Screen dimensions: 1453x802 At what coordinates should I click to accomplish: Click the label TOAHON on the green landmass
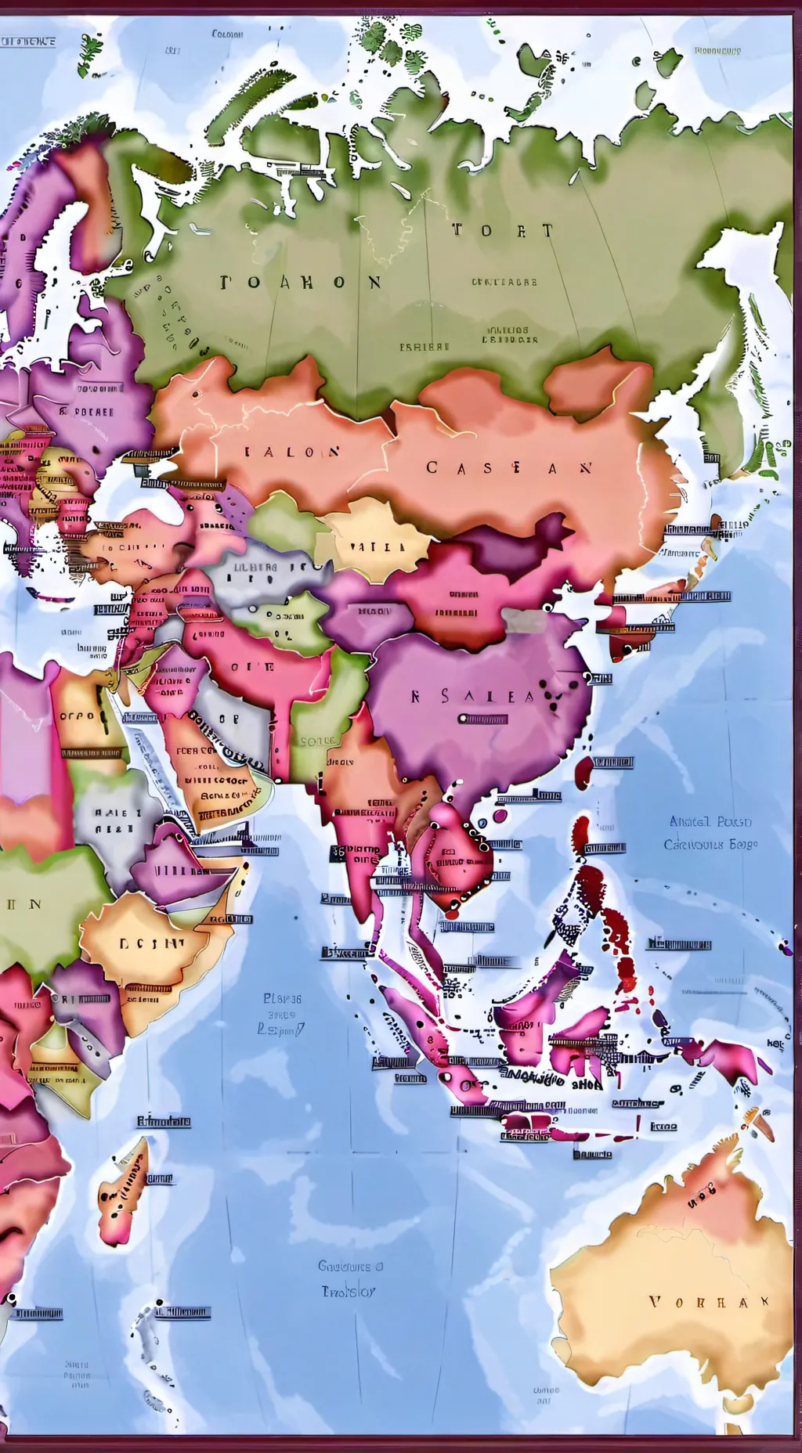coord(301,282)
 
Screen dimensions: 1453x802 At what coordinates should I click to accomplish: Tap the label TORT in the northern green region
coord(502,230)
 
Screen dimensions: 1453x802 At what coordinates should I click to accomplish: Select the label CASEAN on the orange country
coord(509,467)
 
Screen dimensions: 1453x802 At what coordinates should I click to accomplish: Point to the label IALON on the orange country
coord(292,452)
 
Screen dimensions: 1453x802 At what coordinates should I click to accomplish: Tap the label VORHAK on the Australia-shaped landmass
coord(709,1302)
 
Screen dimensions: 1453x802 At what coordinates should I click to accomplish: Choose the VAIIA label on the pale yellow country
coord(377,547)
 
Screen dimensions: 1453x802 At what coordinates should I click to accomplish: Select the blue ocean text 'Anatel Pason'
coord(710,821)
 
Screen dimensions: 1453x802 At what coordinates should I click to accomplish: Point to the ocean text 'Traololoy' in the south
coord(349,1291)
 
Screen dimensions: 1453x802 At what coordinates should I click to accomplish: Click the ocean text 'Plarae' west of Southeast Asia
coord(282,999)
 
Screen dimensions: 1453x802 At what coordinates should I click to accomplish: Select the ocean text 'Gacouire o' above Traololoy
coord(350,1265)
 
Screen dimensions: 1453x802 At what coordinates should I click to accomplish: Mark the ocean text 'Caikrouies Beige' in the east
coord(710,845)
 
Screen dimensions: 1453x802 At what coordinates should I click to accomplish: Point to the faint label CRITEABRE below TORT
coord(504,282)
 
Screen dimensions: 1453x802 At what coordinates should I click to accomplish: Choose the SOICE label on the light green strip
coord(317,740)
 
